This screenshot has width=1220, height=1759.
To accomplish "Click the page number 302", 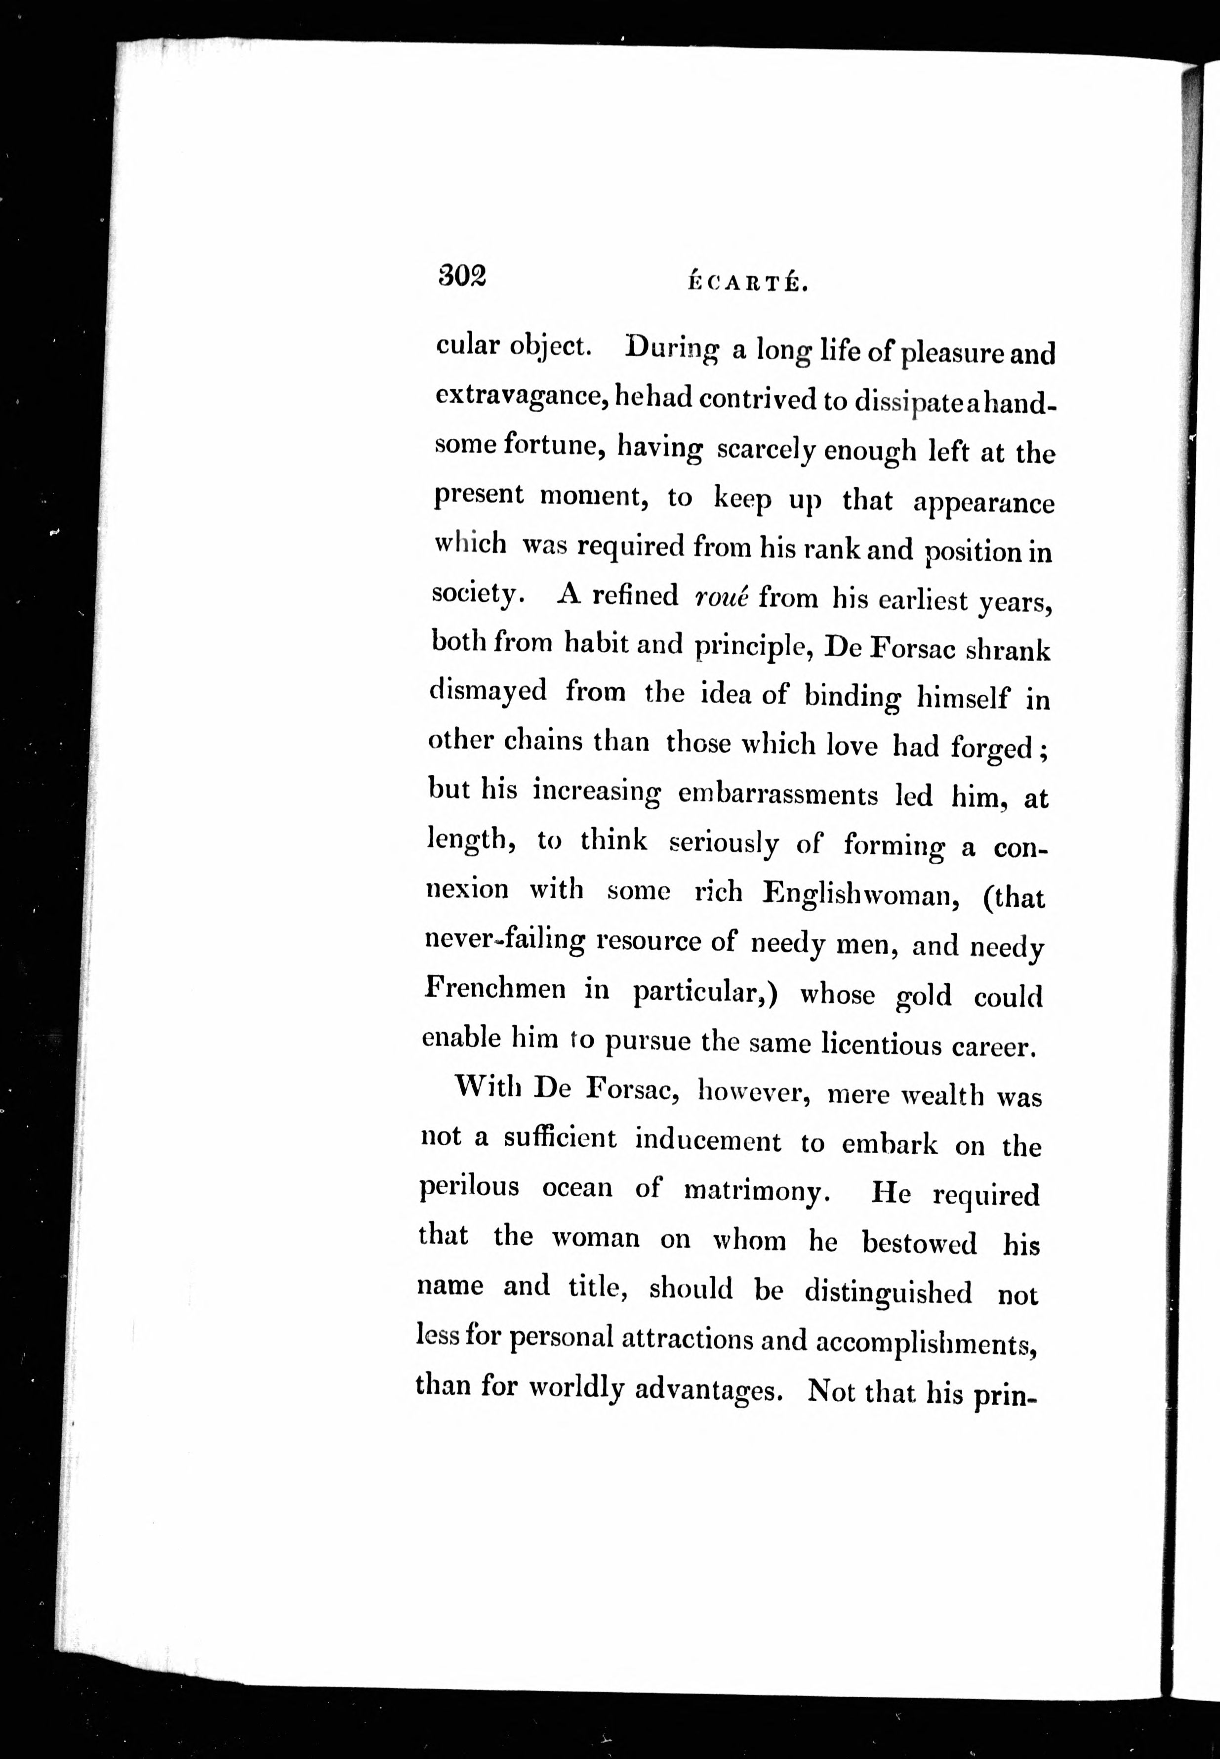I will (x=462, y=275).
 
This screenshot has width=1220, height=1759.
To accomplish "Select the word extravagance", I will (x=521, y=396).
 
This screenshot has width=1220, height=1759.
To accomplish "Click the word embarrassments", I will (x=777, y=795).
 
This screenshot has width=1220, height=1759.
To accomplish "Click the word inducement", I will (x=708, y=1141).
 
